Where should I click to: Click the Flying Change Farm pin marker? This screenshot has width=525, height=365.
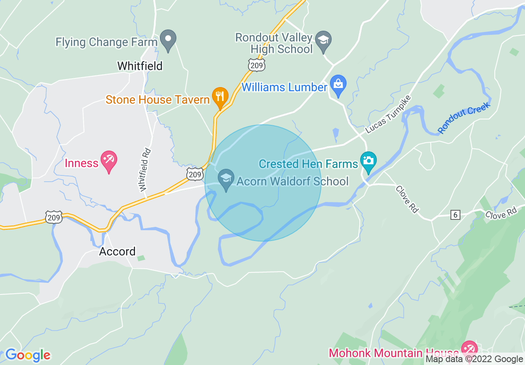[x=168, y=40]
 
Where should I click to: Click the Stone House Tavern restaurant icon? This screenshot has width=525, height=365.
[x=220, y=97]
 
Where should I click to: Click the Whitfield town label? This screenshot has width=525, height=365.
[x=140, y=66]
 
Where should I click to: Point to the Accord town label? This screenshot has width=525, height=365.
[x=117, y=251]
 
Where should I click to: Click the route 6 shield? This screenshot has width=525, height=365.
[x=455, y=214]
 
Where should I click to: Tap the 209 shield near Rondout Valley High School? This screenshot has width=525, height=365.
[x=257, y=65]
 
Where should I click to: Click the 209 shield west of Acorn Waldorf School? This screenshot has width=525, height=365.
[x=194, y=174]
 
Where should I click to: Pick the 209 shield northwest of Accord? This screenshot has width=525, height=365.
[x=54, y=217]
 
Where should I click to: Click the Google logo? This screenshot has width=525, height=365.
[x=28, y=355]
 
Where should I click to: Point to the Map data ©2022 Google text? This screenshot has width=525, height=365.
[x=474, y=359]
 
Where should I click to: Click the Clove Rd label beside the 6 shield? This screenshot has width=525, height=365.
[x=501, y=213]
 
